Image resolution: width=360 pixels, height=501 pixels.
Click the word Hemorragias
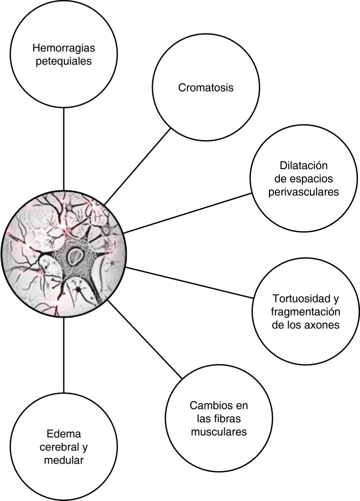(x=64, y=47)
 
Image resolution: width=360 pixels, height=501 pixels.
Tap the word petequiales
(x=64, y=61)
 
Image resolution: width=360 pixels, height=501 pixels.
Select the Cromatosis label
(x=206, y=88)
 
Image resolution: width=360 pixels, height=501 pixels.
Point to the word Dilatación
(x=304, y=165)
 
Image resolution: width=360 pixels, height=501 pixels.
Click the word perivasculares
(x=304, y=192)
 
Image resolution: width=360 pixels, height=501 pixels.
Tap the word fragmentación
(x=306, y=311)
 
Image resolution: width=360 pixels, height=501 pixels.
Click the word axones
(x=322, y=325)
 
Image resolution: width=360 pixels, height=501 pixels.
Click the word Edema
(x=64, y=434)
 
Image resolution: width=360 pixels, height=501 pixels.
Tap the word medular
(x=64, y=460)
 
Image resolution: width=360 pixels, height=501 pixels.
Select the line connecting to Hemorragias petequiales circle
(x=64, y=148)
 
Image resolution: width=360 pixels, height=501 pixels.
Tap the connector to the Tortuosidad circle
(x=190, y=283)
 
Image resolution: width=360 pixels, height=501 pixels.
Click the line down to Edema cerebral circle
(x=64, y=355)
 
